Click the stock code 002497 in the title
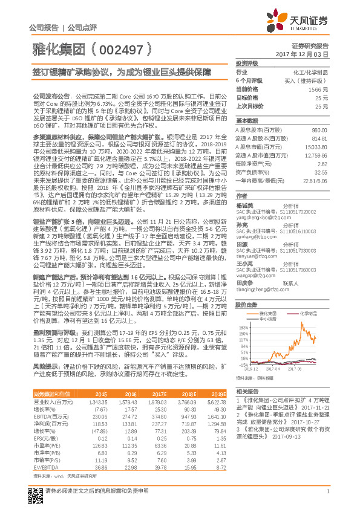[125, 47]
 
